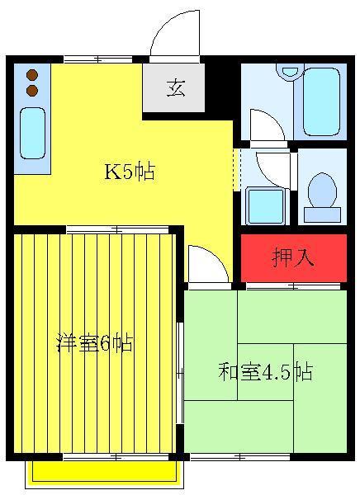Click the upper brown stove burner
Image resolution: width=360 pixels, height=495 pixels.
(32, 75)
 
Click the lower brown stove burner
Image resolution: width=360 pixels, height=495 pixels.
(32, 91)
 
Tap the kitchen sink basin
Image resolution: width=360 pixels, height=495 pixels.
(32, 133)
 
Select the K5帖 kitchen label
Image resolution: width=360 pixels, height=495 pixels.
(130, 172)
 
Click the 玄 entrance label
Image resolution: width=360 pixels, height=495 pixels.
(176, 87)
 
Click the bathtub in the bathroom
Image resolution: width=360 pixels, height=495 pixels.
(322, 101)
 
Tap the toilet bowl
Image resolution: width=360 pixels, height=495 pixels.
(322, 190)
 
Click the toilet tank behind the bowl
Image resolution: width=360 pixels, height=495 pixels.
(322, 214)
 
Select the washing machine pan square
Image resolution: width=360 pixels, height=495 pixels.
(265, 206)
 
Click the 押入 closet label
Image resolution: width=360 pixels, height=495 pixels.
(293, 257)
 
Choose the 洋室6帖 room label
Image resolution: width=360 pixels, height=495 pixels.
(94, 343)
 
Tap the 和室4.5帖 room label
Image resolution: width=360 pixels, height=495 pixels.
(266, 372)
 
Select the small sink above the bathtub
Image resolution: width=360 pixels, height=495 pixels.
(289, 70)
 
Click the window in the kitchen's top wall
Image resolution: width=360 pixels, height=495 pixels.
(98, 59)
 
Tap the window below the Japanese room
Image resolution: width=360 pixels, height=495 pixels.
(240, 457)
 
